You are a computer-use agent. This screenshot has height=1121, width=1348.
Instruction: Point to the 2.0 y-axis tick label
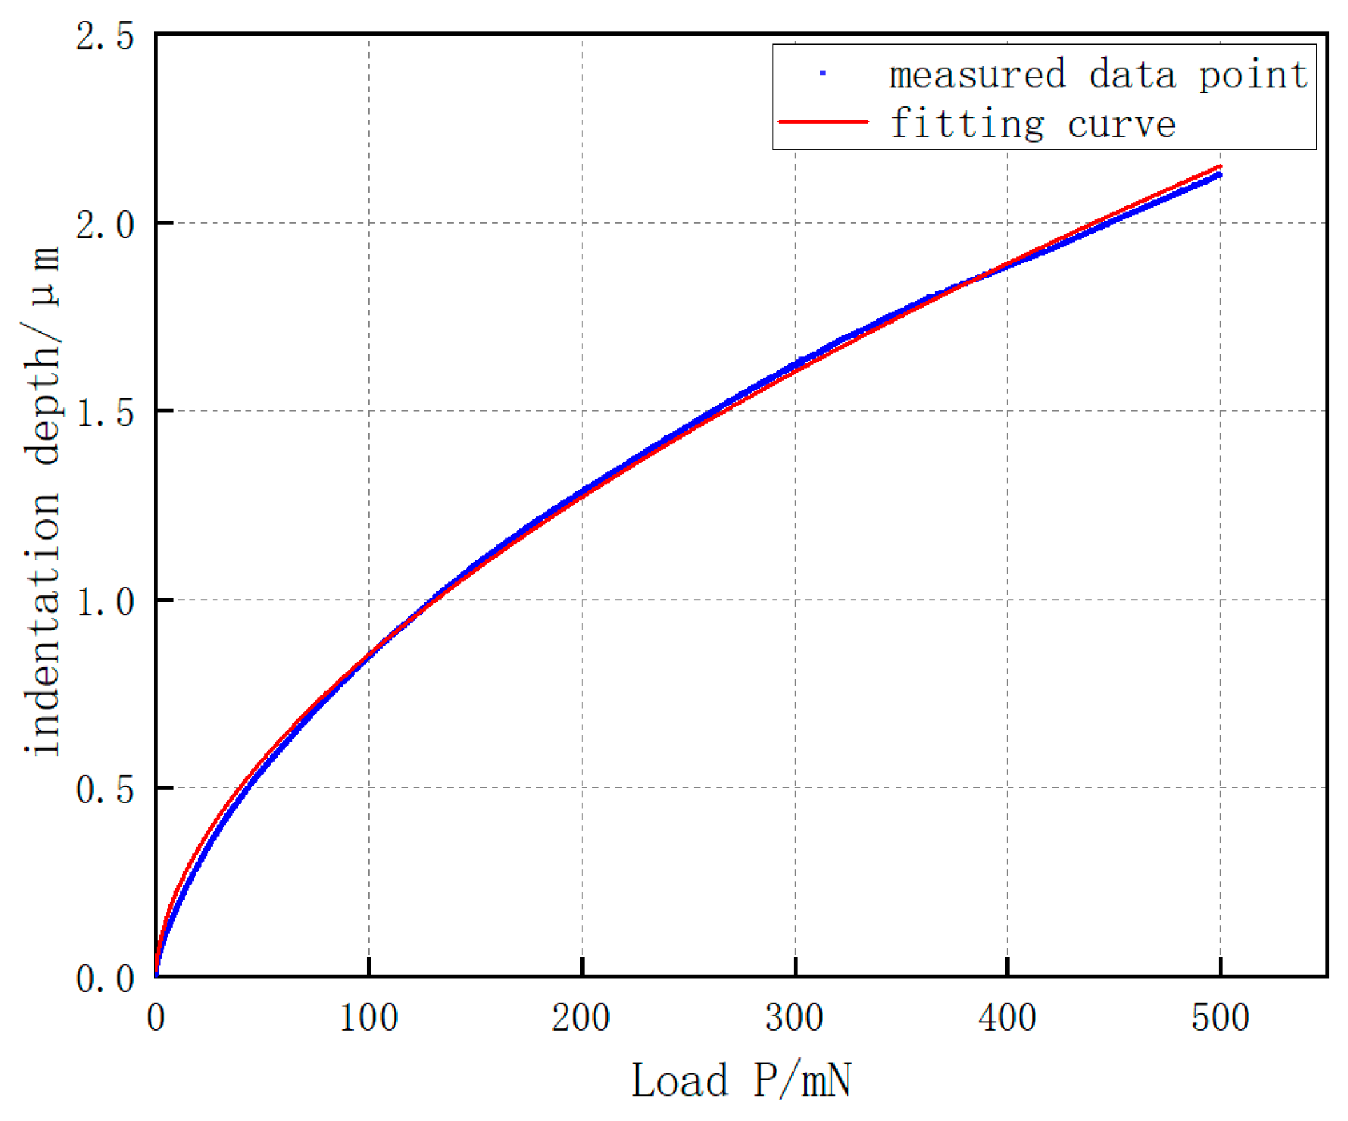(105, 225)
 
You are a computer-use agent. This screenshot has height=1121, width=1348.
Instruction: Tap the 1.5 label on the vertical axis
(105, 413)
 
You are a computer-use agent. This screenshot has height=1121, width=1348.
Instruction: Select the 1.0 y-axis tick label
(105, 602)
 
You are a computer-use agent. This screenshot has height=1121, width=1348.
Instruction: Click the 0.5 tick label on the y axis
(105, 790)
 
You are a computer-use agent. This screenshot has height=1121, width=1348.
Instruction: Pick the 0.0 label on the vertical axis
(105, 978)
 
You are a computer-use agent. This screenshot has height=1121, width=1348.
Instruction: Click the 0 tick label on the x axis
(156, 1018)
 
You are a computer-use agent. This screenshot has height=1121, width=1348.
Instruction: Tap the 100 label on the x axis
(368, 1018)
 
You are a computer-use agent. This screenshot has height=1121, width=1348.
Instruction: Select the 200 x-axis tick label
(581, 1018)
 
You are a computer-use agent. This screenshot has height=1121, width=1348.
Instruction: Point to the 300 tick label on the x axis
(794, 1018)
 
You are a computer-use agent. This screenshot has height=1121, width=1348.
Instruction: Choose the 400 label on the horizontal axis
(1007, 1018)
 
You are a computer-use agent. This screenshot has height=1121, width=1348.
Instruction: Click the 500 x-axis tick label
(1220, 1018)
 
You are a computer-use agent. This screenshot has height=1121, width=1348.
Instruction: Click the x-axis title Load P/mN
(741, 1080)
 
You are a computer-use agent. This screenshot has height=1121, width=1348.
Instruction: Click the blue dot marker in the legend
(823, 73)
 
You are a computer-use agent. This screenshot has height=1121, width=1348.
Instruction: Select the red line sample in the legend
(823, 122)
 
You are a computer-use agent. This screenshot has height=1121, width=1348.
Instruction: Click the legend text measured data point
(1098, 75)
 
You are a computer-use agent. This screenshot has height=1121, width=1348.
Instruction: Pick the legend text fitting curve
(1032, 124)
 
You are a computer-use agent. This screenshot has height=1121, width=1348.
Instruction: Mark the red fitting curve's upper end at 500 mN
(1220, 166)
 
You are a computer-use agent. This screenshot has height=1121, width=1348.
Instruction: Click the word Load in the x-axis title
(680, 1080)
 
